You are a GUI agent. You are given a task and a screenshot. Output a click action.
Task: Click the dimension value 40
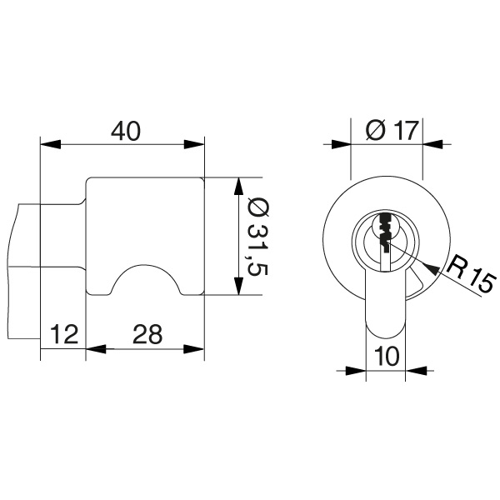(123, 131)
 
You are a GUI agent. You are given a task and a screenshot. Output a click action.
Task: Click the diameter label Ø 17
(388, 130)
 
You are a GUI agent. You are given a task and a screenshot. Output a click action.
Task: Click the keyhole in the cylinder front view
(385, 233)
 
